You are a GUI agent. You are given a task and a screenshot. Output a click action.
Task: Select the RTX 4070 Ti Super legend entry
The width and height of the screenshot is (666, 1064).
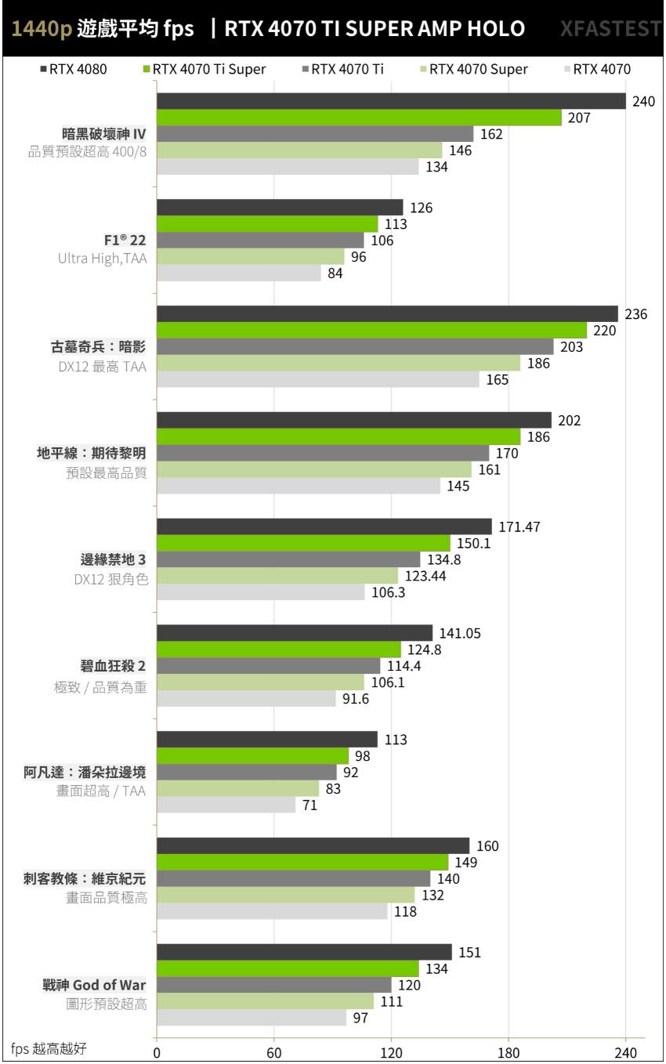203,69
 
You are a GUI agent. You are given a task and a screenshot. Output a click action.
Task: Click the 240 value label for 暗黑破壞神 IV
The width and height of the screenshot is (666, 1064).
642,101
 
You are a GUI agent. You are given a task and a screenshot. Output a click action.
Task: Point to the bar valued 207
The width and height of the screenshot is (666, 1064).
359,118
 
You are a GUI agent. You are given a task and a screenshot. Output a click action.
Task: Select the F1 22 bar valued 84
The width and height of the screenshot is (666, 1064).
239,273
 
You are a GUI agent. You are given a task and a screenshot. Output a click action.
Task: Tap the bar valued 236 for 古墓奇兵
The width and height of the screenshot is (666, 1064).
387,314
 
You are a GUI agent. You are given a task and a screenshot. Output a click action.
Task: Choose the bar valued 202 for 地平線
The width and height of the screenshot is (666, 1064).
353,421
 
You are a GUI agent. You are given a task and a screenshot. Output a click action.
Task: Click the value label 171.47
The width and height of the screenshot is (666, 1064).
520,527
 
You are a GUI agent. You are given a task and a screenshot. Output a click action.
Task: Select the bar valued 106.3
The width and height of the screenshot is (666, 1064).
261,593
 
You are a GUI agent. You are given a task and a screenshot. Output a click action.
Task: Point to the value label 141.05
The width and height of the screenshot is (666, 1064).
461,633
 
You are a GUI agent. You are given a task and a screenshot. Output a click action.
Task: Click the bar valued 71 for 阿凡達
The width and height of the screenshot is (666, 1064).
226,805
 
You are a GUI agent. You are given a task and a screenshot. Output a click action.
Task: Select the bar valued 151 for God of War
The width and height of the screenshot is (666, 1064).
304,952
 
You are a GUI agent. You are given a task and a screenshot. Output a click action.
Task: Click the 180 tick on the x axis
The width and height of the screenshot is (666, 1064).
509,1052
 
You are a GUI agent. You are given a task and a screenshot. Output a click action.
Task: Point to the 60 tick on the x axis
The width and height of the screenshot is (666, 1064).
273,1052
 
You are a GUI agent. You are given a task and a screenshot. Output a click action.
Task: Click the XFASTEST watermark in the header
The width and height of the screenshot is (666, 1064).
610,29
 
